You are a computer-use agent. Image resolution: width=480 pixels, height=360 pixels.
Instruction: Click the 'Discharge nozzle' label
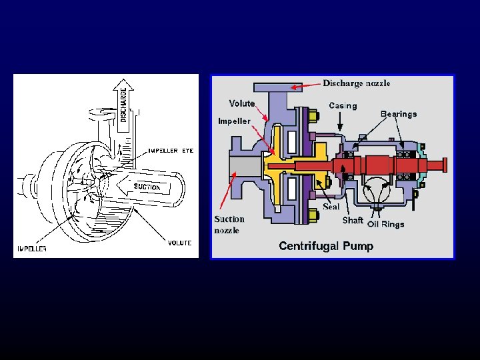(x=357, y=83)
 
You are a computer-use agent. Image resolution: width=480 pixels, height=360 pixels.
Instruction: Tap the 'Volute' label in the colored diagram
(x=241, y=103)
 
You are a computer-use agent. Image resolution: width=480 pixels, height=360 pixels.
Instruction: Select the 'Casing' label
(x=343, y=105)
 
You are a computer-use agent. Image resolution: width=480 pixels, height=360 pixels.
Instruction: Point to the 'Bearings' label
(x=398, y=114)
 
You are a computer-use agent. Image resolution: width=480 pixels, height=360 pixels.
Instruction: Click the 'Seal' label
(x=331, y=206)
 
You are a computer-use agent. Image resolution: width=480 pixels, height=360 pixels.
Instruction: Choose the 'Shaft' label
(x=353, y=220)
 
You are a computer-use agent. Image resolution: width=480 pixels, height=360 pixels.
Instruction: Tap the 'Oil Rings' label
(x=386, y=224)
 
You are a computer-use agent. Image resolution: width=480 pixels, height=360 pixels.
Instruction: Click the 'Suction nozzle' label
(x=229, y=225)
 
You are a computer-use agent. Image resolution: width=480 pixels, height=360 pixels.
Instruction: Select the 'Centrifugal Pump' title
(x=326, y=246)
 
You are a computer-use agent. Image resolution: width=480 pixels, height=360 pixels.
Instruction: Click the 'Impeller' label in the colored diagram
(x=234, y=121)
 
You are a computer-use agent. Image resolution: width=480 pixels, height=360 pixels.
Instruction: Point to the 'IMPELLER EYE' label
(x=171, y=151)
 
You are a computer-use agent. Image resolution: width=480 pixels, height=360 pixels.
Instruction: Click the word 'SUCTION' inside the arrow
(x=147, y=187)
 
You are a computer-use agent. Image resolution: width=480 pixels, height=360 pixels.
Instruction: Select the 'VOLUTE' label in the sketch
(x=179, y=243)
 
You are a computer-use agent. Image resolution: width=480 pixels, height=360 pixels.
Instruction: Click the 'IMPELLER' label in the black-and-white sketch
(x=31, y=248)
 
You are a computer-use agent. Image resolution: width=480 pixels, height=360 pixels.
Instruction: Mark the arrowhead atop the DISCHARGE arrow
(x=123, y=83)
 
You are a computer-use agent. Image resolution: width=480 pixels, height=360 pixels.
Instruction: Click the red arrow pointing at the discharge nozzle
(x=306, y=85)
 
